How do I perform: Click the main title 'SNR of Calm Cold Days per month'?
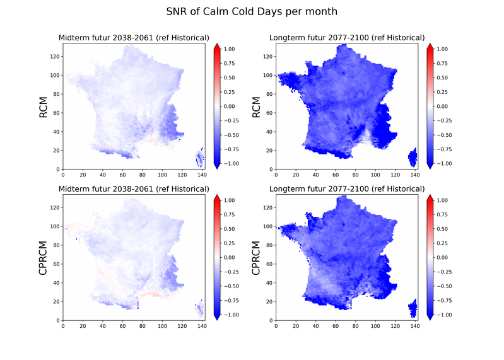tap(252, 11)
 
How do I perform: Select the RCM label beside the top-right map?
tap(257, 107)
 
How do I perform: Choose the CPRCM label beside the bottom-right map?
tap(257, 257)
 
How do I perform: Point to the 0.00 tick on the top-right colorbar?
tap(443, 107)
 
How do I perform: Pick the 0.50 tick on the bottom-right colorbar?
tap(443, 229)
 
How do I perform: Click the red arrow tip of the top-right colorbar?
tap(431, 46)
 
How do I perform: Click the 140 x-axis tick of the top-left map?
tap(201, 173)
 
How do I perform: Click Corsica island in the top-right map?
tap(413, 156)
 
